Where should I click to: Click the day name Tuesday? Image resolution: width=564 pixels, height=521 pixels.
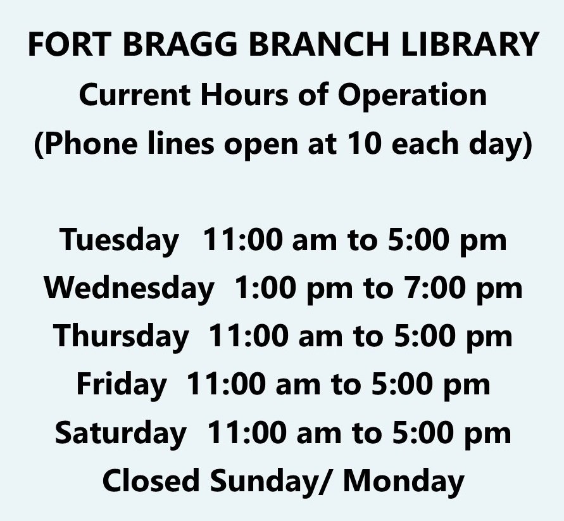pyautogui.click(x=120, y=241)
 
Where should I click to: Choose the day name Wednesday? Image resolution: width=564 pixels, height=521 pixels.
pyautogui.click(x=129, y=289)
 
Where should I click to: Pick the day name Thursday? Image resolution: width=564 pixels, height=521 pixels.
pyautogui.click(x=121, y=336)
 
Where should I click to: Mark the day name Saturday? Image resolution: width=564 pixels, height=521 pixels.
pyautogui.click(x=120, y=433)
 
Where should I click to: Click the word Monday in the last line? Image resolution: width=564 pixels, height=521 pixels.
pyautogui.click(x=403, y=481)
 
